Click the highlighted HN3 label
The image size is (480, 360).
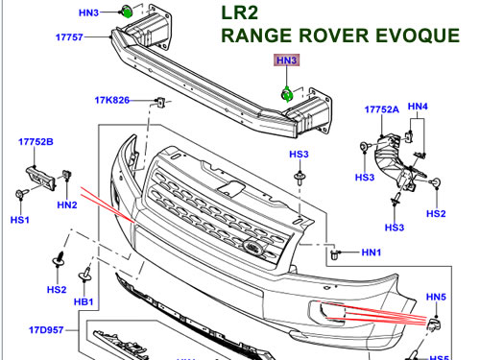tap(286, 60)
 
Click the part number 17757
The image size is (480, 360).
tap(69, 37)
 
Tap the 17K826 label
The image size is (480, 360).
tap(112, 100)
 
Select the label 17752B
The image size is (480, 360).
tap(36, 142)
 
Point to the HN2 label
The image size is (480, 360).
tap(67, 204)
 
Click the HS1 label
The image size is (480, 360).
tap(20, 220)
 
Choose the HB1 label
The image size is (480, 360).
tap(84, 301)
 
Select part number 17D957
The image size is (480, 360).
tap(46, 330)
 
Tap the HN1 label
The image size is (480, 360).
tap(372, 252)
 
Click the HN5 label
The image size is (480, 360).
tap(436, 297)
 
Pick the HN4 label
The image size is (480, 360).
tap(418, 107)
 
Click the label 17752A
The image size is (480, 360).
tap(382, 109)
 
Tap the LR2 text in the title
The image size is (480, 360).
tap(239, 12)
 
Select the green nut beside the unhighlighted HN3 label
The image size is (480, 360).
tap(127, 12)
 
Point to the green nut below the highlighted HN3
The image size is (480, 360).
tap(286, 95)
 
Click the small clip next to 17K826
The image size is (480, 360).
tap(161, 102)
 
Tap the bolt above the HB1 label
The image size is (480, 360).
tap(85, 275)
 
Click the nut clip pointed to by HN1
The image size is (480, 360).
tap(335, 254)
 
